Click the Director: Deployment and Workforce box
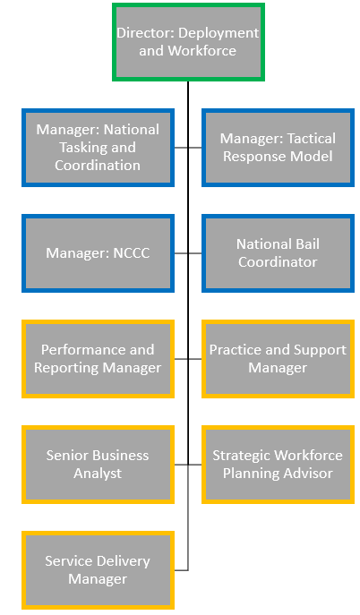click(x=188, y=42)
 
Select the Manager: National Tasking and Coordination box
click(x=98, y=148)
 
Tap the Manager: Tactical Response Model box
click(x=278, y=148)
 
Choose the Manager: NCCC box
click(x=98, y=253)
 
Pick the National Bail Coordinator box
click(x=278, y=253)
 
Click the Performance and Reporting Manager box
click(x=98, y=359)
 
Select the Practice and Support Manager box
click(x=278, y=359)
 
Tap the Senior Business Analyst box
click(x=98, y=465)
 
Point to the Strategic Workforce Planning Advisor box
click(x=278, y=465)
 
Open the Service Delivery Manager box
click(x=98, y=570)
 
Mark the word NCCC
click(x=132, y=253)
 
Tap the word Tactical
click(x=312, y=139)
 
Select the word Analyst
click(x=98, y=474)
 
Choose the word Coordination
click(x=98, y=165)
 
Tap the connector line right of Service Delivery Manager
click(x=181, y=570)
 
